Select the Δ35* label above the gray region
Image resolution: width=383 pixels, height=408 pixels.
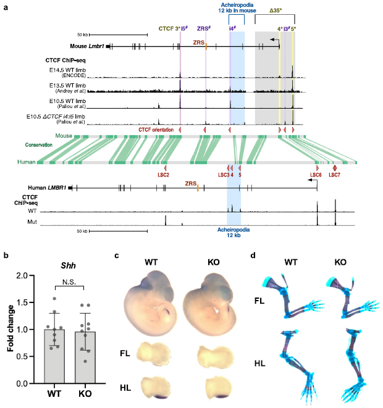coord(275,10)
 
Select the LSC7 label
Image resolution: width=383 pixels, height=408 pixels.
coord(334,175)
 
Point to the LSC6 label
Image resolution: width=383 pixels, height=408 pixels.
coord(316,175)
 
